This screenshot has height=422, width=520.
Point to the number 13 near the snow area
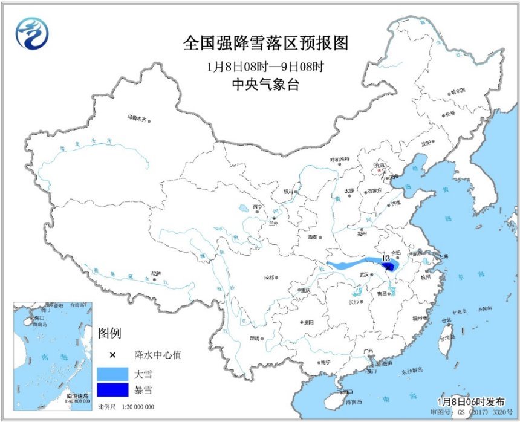(385, 258)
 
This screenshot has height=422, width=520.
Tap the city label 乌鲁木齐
(137, 117)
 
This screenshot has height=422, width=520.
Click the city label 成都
(268, 278)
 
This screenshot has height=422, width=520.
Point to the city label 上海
(442, 256)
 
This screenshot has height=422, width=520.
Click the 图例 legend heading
(109, 333)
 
